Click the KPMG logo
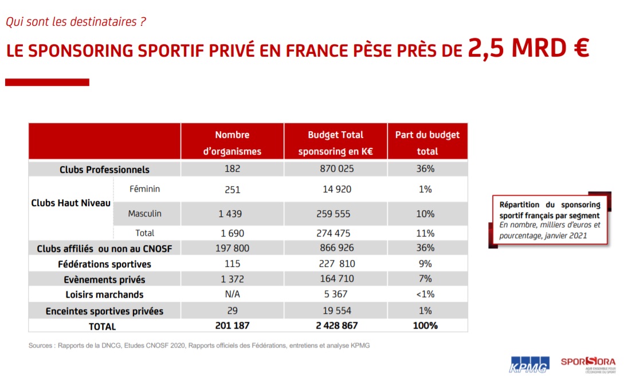(x=529, y=364)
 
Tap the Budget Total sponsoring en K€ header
(x=335, y=143)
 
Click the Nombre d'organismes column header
(x=232, y=143)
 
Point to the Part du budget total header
(x=427, y=143)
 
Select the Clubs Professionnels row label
(x=104, y=169)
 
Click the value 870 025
(x=336, y=169)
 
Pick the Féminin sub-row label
(x=145, y=189)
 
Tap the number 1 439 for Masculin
(x=230, y=214)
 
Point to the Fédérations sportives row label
(x=104, y=264)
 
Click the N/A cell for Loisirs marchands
(x=233, y=295)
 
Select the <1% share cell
(x=425, y=295)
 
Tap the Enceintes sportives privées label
(x=104, y=311)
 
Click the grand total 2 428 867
(x=336, y=326)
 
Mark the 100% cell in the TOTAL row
(x=425, y=326)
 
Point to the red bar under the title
(x=47, y=82)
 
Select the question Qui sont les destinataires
(x=76, y=22)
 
